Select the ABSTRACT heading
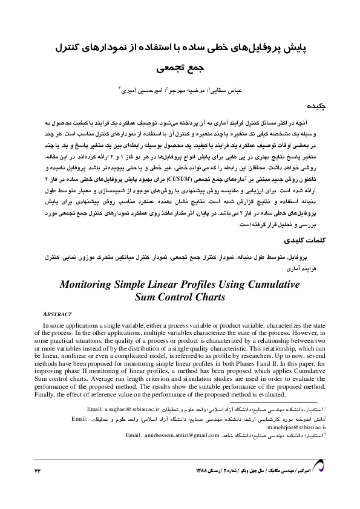tap(59, 314)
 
